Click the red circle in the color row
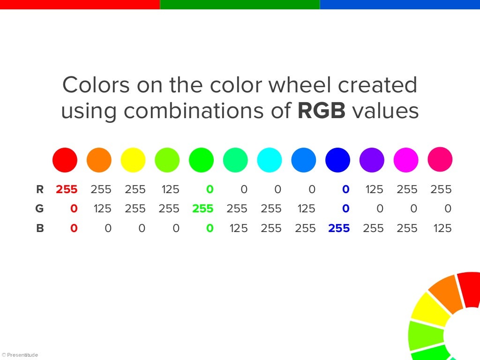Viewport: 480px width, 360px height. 65,160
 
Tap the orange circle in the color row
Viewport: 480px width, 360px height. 99,160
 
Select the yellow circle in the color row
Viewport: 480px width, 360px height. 133,160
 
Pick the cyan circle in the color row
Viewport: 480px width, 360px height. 270,160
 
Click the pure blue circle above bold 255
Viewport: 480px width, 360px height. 337,160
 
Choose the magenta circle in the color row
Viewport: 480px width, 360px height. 406,160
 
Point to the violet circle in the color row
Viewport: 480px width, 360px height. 372,160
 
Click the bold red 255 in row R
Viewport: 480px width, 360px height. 67,189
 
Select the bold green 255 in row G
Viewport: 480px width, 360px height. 202,209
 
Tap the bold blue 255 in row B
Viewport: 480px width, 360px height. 339,228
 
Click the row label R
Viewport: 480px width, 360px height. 40,189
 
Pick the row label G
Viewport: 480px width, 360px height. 40,209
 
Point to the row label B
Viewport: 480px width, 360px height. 40,228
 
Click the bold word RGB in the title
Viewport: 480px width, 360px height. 322,111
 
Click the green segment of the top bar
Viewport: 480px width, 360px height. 240,4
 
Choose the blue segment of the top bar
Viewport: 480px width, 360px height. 399,4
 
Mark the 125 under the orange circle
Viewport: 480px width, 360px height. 103,209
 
